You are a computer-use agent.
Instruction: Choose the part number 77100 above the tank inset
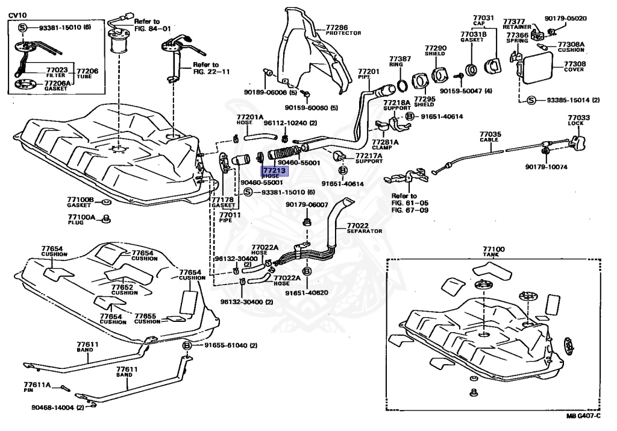coord(493,249)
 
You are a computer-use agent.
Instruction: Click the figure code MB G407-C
coord(584,415)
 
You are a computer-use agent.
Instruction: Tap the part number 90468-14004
coord(53,408)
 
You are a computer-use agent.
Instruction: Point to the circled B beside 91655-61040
coord(187,345)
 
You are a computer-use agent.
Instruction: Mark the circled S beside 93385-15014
coord(531,100)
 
